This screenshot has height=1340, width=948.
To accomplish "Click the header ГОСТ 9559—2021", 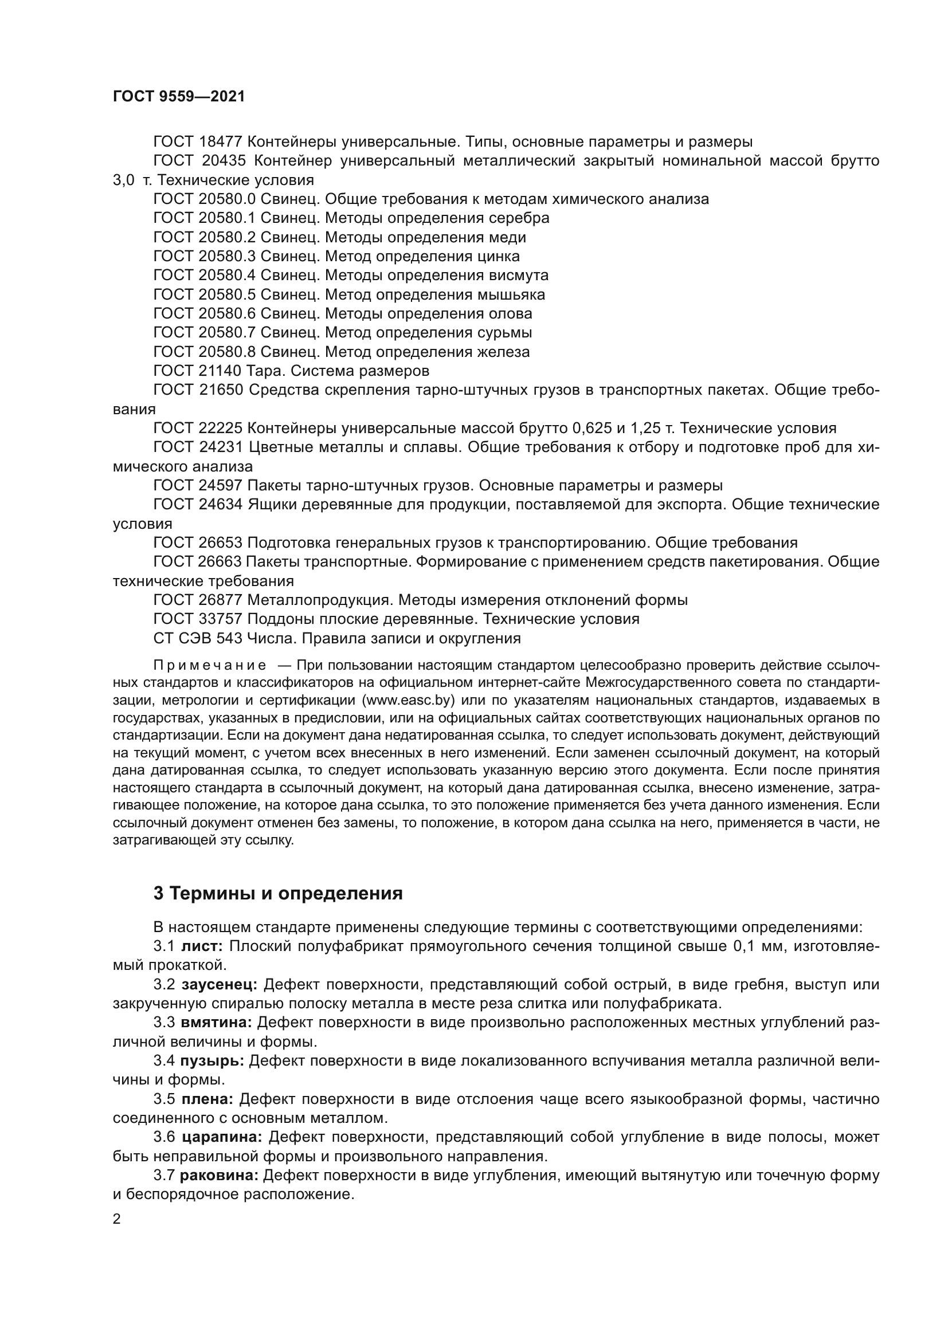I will click(x=179, y=97).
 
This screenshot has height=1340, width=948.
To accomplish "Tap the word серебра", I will click(x=519, y=218).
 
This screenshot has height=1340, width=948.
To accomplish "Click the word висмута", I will click(x=518, y=276).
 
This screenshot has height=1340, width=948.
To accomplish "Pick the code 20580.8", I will click(x=227, y=352).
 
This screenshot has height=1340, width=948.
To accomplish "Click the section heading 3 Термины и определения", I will click(x=278, y=894).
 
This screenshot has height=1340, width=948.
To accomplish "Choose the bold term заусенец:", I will click(x=219, y=985).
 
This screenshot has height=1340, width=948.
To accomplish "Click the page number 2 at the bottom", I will click(x=117, y=1219).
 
